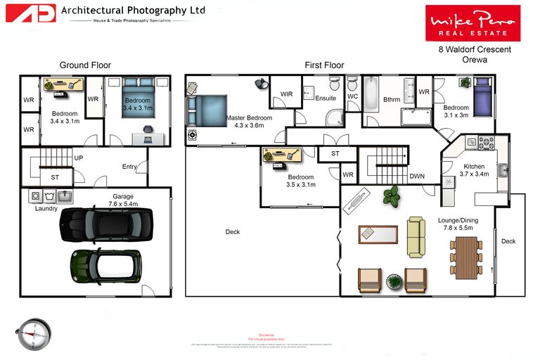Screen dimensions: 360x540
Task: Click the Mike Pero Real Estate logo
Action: click(472, 22)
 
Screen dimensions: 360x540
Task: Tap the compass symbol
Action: click(32, 333)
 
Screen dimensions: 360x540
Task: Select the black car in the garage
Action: click(105, 224)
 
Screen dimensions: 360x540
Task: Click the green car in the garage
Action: click(105, 265)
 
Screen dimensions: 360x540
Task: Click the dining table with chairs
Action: click(465, 254)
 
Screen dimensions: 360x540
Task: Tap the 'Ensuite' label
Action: click(325, 98)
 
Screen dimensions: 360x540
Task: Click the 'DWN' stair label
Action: click(417, 176)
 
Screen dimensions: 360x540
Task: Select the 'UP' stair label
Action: click(78, 158)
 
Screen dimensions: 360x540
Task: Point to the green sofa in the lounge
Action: click(416, 237)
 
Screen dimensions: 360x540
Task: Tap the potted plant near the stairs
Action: click(392, 195)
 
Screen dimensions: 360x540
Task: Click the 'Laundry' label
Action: click(46, 208)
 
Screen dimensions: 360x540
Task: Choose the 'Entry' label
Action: click(129, 167)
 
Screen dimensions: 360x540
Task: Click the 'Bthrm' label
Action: click(392, 100)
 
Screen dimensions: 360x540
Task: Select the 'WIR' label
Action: click(286, 94)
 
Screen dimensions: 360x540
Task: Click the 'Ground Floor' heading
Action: click(85, 65)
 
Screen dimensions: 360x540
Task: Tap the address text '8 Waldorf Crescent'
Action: click(475, 50)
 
